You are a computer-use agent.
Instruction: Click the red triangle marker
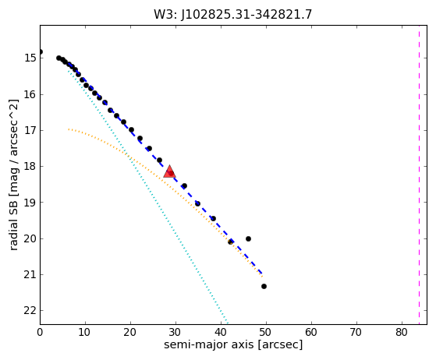[169, 171]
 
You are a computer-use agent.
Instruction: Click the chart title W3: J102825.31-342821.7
[233, 15]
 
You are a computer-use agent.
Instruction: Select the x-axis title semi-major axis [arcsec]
[233, 344]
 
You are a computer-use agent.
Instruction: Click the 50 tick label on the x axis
[266, 332]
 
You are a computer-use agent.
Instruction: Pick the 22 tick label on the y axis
[30, 311]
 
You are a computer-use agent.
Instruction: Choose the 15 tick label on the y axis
[30, 58]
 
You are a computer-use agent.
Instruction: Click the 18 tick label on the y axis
[30, 167]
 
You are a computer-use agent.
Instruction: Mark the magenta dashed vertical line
[419, 175]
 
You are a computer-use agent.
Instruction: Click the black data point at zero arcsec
[41, 51]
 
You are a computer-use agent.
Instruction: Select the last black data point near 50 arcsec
[264, 287]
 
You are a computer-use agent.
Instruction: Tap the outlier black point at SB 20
[248, 239]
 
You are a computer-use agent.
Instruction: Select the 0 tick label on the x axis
[40, 332]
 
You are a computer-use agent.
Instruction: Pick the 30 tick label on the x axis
[175, 332]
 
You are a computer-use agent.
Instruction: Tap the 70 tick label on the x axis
[356, 332]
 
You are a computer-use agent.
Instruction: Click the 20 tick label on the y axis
[30, 238]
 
